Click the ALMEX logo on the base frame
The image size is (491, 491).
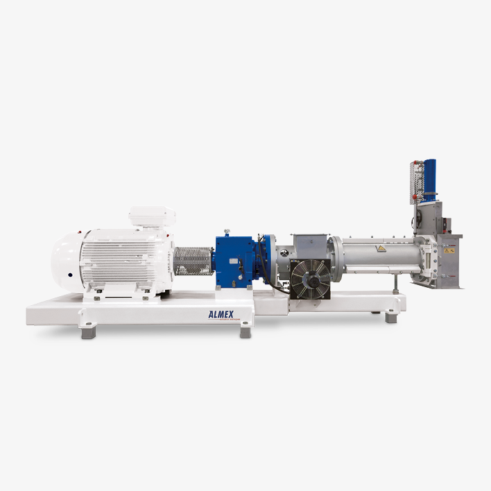(223, 315)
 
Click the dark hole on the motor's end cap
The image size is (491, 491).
(69, 275)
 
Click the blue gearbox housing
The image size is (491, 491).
(232, 261)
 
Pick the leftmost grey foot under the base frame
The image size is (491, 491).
(88, 333)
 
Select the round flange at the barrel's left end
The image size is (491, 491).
(335, 259)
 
